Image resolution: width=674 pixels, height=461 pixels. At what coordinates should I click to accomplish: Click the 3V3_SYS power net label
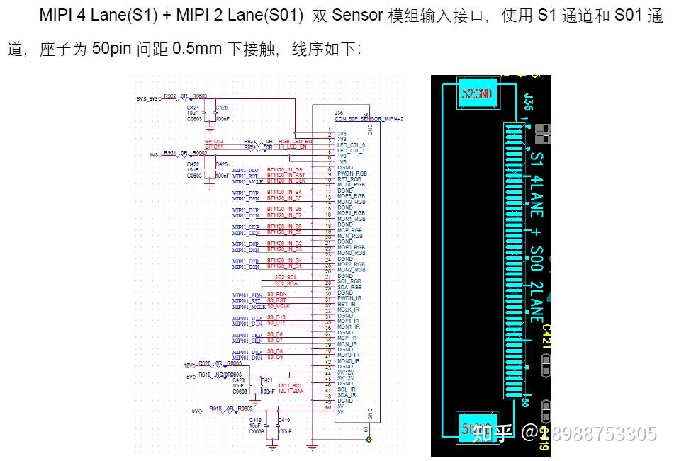click(x=147, y=98)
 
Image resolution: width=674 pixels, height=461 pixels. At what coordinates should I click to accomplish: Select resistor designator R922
click(x=170, y=96)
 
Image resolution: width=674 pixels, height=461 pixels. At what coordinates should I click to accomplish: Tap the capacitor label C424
click(x=193, y=107)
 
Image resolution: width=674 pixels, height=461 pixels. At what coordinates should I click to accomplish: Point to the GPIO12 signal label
click(x=214, y=141)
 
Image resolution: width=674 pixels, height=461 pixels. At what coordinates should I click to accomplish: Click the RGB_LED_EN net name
click(x=295, y=141)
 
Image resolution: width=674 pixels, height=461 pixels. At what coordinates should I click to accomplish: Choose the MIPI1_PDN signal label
click(x=246, y=170)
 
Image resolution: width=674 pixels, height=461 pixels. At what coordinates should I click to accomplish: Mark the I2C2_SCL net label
click(x=285, y=276)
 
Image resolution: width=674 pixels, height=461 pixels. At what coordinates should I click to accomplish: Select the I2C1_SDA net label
click(x=291, y=390)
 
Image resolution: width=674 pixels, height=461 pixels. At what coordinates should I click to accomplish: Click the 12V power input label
click(x=189, y=365)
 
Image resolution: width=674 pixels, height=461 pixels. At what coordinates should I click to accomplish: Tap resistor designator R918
click(x=215, y=409)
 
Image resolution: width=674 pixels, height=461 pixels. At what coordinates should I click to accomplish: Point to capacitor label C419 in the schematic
click(x=283, y=420)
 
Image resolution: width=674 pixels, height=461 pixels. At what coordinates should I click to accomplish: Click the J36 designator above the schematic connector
click(x=339, y=113)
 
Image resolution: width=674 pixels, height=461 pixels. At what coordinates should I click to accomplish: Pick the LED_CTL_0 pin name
click(x=352, y=145)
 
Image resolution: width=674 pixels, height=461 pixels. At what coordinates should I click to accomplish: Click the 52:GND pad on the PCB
click(x=476, y=93)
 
